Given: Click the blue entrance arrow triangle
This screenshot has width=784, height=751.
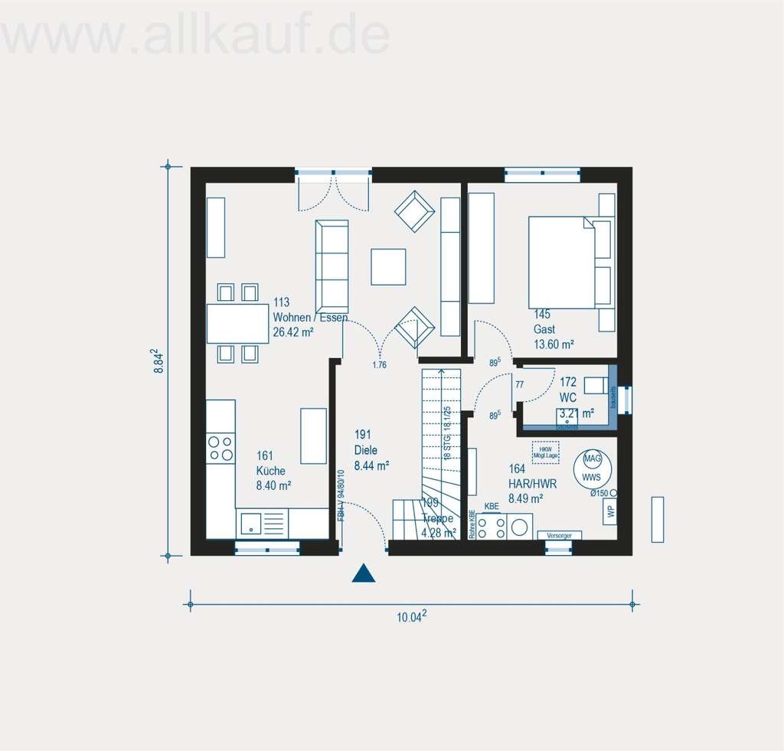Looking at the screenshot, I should click(364, 573).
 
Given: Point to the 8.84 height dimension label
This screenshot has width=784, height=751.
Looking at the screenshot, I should click(159, 361).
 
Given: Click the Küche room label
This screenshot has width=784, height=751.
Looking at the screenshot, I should click(271, 472).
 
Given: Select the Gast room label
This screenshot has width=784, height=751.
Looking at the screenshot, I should click(544, 329).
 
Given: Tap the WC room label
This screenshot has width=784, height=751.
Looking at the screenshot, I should click(567, 397).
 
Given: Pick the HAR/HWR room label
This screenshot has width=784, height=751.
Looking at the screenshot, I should click(532, 484).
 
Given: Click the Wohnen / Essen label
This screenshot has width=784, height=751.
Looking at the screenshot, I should click(310, 318).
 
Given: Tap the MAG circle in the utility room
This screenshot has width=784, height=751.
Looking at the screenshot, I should click(592, 459).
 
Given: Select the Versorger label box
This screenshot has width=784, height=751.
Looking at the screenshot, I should click(560, 534).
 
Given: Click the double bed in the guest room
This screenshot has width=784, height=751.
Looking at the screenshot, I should click(562, 262).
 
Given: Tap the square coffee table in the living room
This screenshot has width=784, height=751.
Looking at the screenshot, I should click(388, 266).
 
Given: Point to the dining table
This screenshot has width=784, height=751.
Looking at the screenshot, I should click(237, 324).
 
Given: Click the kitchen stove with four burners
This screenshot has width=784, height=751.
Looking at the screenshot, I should click(220, 448).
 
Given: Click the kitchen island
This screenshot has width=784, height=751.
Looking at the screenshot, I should click(313, 436).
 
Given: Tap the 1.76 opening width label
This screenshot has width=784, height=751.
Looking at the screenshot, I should click(379, 365).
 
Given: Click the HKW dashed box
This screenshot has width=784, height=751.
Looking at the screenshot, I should click(545, 451).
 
